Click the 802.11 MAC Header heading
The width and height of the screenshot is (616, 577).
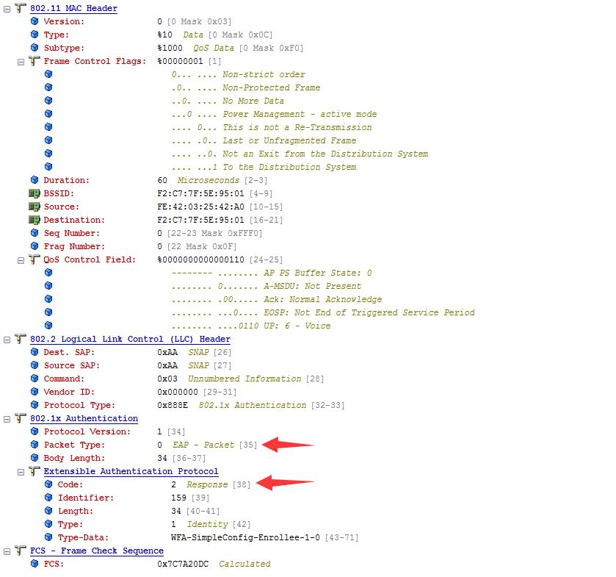74,8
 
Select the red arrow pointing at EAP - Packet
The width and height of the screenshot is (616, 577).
288,445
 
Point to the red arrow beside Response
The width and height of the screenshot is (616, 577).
285,483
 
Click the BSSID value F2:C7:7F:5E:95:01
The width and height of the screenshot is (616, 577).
200,193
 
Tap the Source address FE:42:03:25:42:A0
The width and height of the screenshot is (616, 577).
200,207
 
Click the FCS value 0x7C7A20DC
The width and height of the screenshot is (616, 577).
183,564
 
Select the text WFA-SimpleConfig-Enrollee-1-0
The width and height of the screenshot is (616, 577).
245,537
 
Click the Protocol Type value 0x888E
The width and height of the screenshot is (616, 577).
173,405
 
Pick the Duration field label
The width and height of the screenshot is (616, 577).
66,180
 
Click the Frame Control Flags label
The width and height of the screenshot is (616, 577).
95,61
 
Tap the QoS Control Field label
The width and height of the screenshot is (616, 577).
90,260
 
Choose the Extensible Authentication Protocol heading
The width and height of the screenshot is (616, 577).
131,471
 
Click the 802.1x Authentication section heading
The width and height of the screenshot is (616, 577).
84,418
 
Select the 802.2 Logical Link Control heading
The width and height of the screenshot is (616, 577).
130,339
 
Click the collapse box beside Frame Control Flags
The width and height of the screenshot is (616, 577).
21,62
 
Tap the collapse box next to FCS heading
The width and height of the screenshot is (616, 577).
7,551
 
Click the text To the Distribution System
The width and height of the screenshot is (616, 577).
289,167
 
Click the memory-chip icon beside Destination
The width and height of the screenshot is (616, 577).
35,220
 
